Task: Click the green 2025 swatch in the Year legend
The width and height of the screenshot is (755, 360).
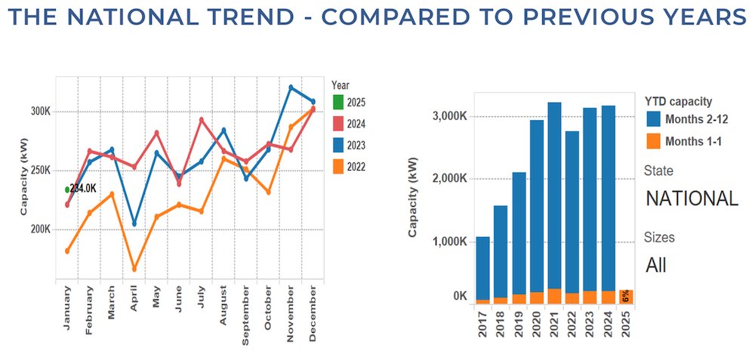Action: point(338,102)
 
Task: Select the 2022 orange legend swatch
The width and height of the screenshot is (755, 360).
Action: point(338,167)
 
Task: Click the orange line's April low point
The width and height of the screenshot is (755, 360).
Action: point(134,269)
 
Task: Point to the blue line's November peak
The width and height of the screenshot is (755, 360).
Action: point(291,88)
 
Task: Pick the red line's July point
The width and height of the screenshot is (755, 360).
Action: point(202,119)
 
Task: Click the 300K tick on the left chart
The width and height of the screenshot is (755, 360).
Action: point(39,111)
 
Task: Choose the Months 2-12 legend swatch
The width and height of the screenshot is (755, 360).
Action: point(655,118)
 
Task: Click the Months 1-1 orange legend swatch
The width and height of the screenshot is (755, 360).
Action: point(655,140)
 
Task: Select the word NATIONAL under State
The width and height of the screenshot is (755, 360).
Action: point(692,198)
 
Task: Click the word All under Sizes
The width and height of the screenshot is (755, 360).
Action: point(656,266)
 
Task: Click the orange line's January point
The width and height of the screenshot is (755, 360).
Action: point(67,251)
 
